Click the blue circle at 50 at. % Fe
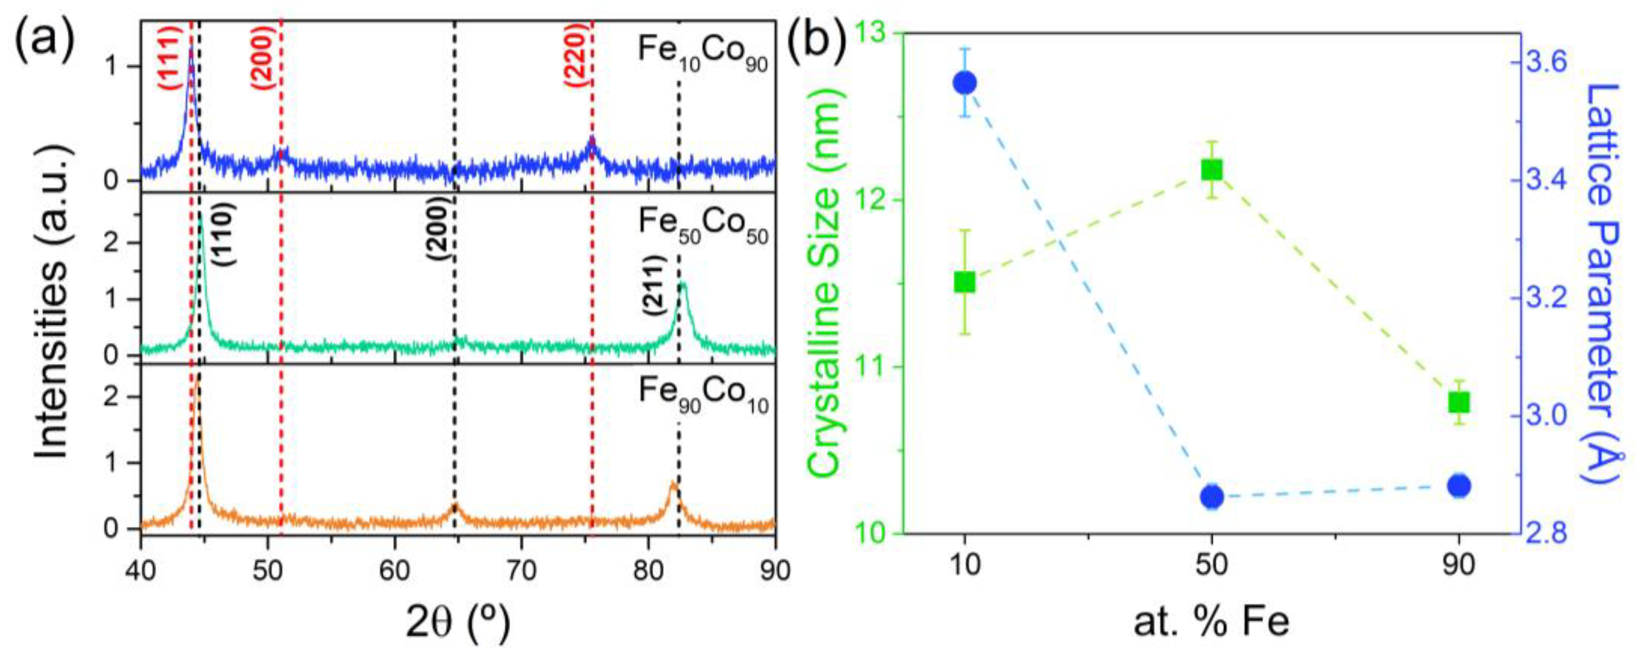(x=1212, y=497)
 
